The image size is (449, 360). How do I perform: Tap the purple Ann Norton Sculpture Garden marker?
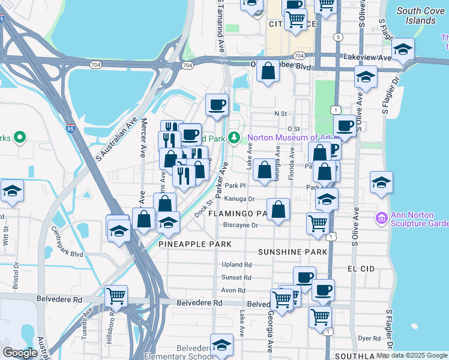pyautogui.click(x=381, y=216)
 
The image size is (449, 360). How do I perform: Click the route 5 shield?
pyautogui.click(x=339, y=37)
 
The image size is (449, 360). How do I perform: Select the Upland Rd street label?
pyautogui.click(x=236, y=265)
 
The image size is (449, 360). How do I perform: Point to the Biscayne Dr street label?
pyautogui.click(x=240, y=226)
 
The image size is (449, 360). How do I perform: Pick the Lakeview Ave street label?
pyautogui.click(x=367, y=58)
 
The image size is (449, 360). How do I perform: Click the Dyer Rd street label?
pyautogui.click(x=366, y=338)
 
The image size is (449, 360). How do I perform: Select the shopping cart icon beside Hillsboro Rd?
pyautogui.click(x=116, y=296)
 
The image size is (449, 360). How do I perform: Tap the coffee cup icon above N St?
pyautogui.click(x=217, y=104)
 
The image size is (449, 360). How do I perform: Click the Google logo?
pyautogui.click(x=20, y=353)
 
